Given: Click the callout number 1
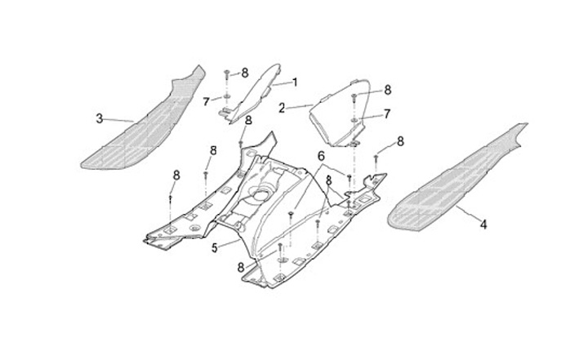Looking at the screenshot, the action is [294, 82].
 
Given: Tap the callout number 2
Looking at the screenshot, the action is [282, 107].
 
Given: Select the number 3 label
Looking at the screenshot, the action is [100, 118].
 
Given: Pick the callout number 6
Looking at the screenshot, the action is [321, 155].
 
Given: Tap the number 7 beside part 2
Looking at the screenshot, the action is [387, 113].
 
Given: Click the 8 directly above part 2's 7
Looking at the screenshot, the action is [387, 89].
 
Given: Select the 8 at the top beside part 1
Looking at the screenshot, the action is [243, 73].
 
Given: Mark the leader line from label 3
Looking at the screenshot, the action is [119, 121].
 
